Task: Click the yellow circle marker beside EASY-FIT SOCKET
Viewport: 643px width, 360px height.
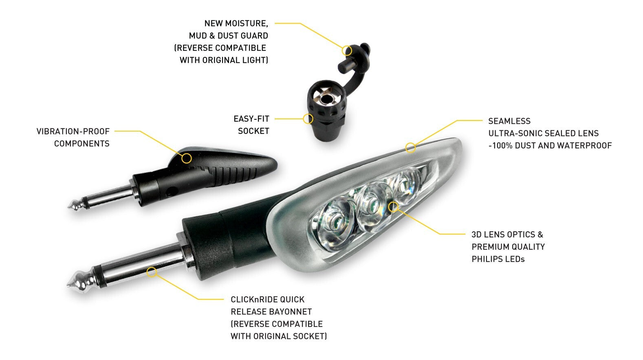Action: coord(308,119)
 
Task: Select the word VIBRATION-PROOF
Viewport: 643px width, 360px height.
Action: coord(73,132)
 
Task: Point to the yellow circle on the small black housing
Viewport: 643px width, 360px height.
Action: coord(187,158)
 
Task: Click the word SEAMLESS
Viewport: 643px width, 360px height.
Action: coord(509,121)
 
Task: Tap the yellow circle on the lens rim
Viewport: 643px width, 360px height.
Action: coord(410,147)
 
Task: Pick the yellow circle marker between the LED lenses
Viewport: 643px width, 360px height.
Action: coord(393,207)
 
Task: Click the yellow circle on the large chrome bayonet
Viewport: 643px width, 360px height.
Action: coord(152,272)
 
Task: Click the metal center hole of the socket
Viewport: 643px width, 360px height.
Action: coord(326,99)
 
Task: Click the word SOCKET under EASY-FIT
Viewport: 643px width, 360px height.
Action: coord(253,131)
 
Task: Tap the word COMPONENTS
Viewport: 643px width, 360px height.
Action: coord(82,144)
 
